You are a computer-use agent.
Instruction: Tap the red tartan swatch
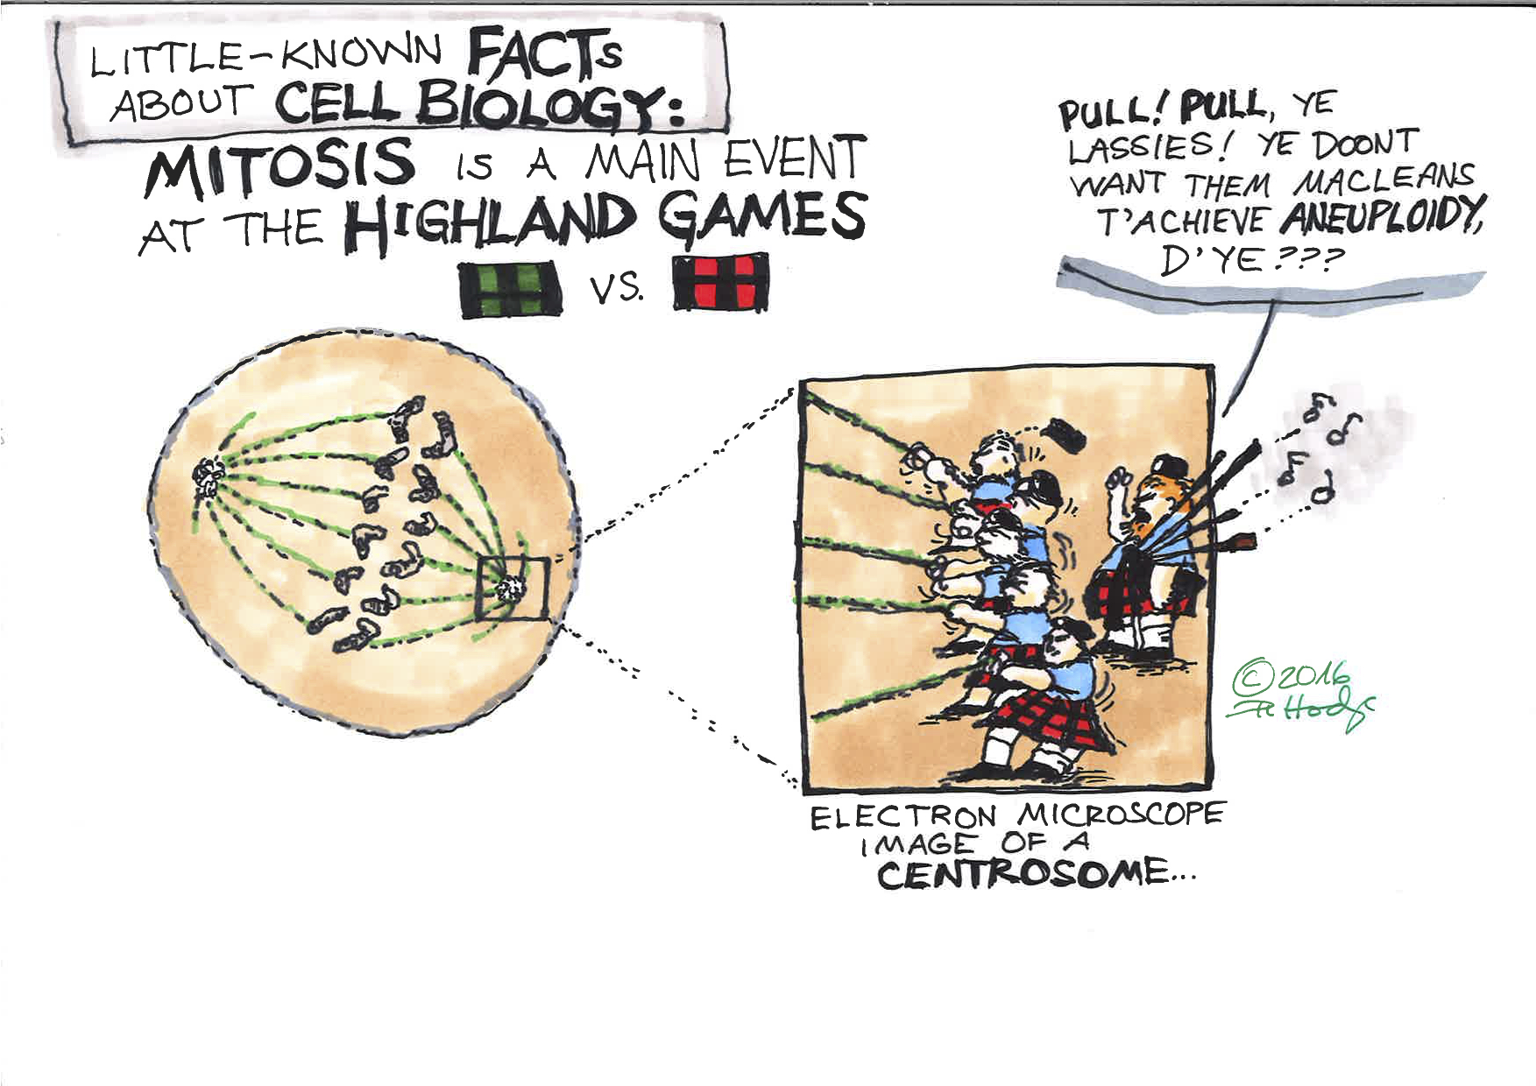click(x=720, y=282)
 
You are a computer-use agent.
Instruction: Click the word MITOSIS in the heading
click(x=279, y=167)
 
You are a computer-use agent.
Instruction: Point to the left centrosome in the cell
click(x=209, y=478)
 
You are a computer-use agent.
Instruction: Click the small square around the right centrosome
click(x=512, y=589)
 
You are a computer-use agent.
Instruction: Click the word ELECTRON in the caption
click(x=903, y=817)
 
